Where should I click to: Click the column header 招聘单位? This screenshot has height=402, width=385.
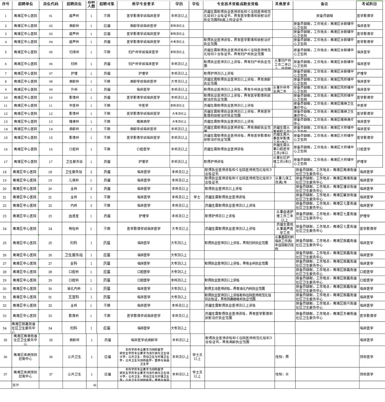(25, 4)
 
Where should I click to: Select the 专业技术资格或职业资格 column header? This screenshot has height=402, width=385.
(238, 4)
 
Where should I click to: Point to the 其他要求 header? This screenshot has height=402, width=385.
(282, 4)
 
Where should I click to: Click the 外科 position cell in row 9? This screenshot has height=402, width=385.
(74, 89)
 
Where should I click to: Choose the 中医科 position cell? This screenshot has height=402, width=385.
(74, 105)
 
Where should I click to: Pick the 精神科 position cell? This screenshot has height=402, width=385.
(74, 121)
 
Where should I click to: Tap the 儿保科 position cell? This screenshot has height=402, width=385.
(74, 181)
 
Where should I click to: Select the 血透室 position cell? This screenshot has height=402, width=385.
(74, 216)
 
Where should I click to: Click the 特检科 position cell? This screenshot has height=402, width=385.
(74, 229)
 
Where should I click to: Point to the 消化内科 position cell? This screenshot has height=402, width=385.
(74, 289)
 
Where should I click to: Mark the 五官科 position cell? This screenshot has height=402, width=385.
(74, 297)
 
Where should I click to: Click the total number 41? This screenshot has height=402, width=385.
(94, 385)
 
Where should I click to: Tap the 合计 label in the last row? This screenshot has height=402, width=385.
(16, 385)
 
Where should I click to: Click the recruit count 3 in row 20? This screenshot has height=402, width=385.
(91, 189)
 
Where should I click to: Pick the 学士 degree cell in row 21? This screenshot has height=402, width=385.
(197, 197)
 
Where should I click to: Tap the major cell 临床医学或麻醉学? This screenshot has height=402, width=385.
(144, 340)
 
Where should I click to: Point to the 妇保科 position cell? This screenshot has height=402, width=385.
(74, 52)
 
